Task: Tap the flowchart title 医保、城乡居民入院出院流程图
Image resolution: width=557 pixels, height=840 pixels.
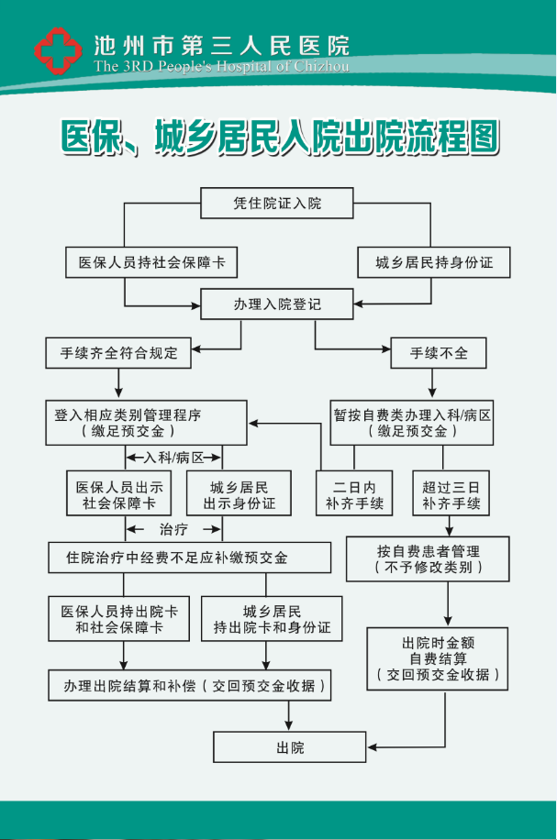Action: (279, 138)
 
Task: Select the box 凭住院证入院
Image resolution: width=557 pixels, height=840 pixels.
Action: (277, 204)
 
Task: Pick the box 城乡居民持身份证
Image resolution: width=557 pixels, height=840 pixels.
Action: (434, 262)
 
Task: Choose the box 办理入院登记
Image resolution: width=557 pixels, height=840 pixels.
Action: (277, 304)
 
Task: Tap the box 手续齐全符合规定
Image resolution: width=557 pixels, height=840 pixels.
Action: (119, 351)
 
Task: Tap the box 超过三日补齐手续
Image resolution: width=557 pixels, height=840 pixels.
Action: (451, 492)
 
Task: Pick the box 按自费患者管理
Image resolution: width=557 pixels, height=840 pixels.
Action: (428, 559)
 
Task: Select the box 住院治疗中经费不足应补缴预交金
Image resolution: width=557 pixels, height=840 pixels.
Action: (189, 558)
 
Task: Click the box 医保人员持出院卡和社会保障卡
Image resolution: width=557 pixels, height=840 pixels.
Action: (119, 619)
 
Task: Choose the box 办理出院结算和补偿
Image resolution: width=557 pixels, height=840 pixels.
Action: (190, 685)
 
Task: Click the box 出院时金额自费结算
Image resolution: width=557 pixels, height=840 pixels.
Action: (437, 658)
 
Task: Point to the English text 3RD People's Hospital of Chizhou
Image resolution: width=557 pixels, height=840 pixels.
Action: (221, 66)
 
